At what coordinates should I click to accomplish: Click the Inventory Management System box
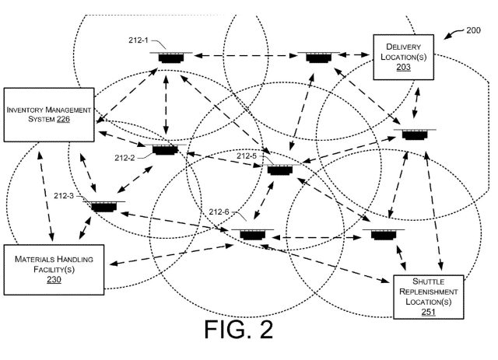tap(51, 114)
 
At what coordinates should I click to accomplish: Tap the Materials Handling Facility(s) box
tap(54, 269)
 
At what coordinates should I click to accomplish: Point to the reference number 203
tap(402, 68)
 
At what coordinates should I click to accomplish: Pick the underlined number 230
tap(54, 280)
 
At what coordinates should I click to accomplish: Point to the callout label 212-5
tap(246, 156)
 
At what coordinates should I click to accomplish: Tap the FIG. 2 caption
tap(239, 330)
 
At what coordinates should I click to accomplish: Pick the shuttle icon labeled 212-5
tap(280, 170)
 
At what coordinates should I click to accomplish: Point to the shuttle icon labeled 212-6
tap(251, 233)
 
